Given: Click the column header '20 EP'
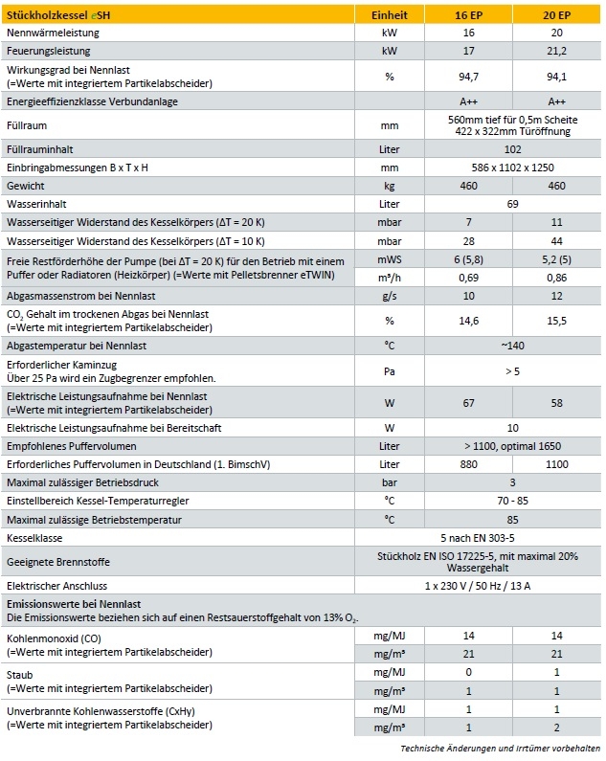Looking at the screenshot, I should point(555,15).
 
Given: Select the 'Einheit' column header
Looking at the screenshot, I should point(390,15).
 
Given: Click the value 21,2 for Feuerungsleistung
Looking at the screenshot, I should point(555,49).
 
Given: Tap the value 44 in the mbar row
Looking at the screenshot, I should point(555,242).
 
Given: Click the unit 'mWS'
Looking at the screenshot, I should point(390,259).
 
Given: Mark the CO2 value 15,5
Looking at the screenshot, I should point(555,321).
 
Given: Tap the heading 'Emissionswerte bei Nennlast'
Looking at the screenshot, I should point(74,604).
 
